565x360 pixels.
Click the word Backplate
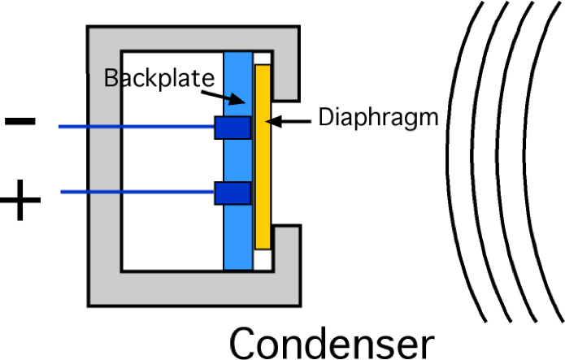(159, 78)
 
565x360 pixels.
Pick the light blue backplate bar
(237, 219)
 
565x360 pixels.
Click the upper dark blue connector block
(232, 128)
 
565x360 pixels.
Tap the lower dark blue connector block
(232, 193)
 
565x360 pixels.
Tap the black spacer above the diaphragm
(262, 59)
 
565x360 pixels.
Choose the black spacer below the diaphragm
(262, 260)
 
